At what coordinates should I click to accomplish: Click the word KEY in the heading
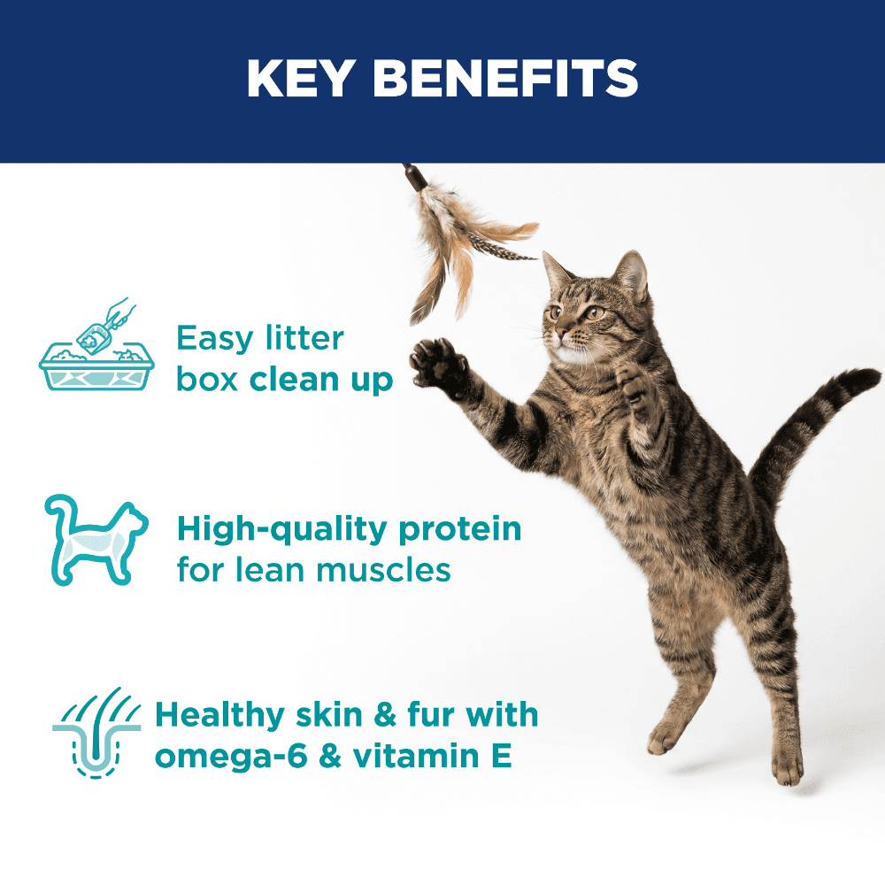click(x=301, y=78)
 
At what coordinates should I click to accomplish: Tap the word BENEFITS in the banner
click(x=505, y=78)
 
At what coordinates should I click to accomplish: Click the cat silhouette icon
click(x=96, y=540)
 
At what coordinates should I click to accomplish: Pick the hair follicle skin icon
click(x=96, y=732)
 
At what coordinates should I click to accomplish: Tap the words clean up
click(x=321, y=380)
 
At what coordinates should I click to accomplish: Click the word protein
click(x=460, y=530)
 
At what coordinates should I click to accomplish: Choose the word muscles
click(x=384, y=570)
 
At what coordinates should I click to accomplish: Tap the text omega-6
click(x=231, y=757)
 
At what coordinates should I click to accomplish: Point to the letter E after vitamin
click(x=502, y=756)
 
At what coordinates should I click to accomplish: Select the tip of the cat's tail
click(x=866, y=377)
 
